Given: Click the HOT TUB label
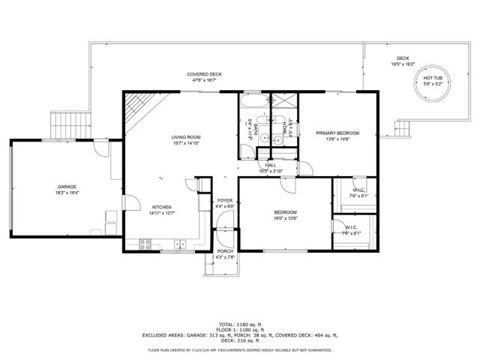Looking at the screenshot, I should tap(431, 78).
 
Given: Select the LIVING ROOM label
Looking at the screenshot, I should tap(185, 137).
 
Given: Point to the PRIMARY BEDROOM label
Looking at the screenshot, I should tap(337, 133).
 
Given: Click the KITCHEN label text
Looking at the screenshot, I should tap(163, 207).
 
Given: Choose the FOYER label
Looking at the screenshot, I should tap(225, 201).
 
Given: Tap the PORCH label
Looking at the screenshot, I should tap(225, 252).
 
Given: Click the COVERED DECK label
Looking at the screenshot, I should tap(205, 74).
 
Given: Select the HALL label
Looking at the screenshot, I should tap(270, 165).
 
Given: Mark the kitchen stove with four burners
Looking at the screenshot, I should tap(145, 243).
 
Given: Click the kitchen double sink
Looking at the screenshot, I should tap(180, 243).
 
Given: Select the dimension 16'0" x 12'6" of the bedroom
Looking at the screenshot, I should tap(285, 218).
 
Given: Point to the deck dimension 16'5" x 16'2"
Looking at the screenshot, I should tap(403, 64).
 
